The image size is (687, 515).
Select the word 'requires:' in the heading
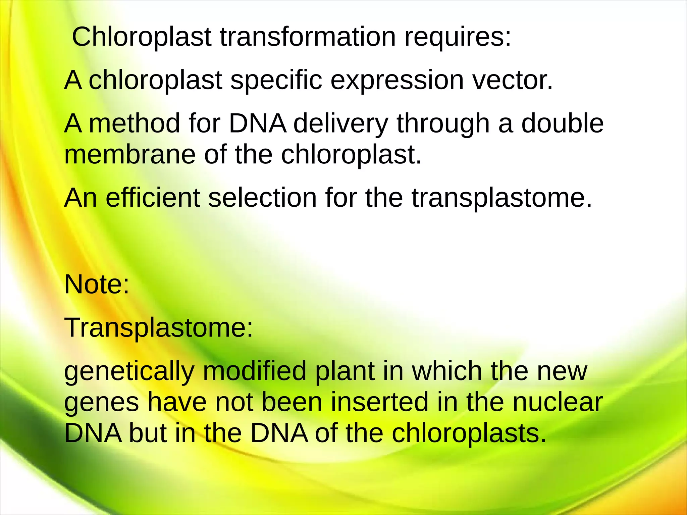click(x=458, y=38)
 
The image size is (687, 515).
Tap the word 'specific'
click(x=276, y=81)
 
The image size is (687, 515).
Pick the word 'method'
click(x=134, y=123)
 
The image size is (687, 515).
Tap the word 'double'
click(x=562, y=123)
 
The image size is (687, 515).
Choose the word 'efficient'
click(x=153, y=198)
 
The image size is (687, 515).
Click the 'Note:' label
click(x=97, y=285)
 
